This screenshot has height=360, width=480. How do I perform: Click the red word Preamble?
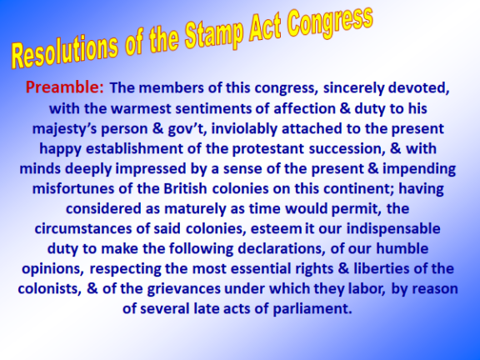[65, 87]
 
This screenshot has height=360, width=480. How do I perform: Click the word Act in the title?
[265, 28]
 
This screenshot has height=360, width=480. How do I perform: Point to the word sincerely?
[353, 87]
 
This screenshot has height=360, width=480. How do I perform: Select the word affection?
[304, 108]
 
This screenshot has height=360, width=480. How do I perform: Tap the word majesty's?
[64, 129]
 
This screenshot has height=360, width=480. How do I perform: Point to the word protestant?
[268, 149]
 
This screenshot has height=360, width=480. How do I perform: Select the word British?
[185, 188]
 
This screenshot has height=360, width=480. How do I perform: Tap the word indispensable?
[393, 229]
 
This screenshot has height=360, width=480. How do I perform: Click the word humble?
[402, 248]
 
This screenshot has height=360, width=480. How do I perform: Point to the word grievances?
[183, 289]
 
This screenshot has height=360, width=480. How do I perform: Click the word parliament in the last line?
[312, 309]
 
